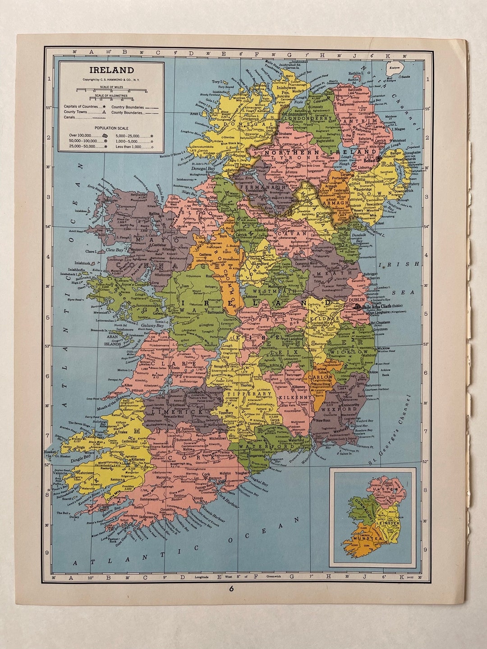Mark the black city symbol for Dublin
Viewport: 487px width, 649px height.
click(x=357, y=306)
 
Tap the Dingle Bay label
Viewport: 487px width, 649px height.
click(x=80, y=460)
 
